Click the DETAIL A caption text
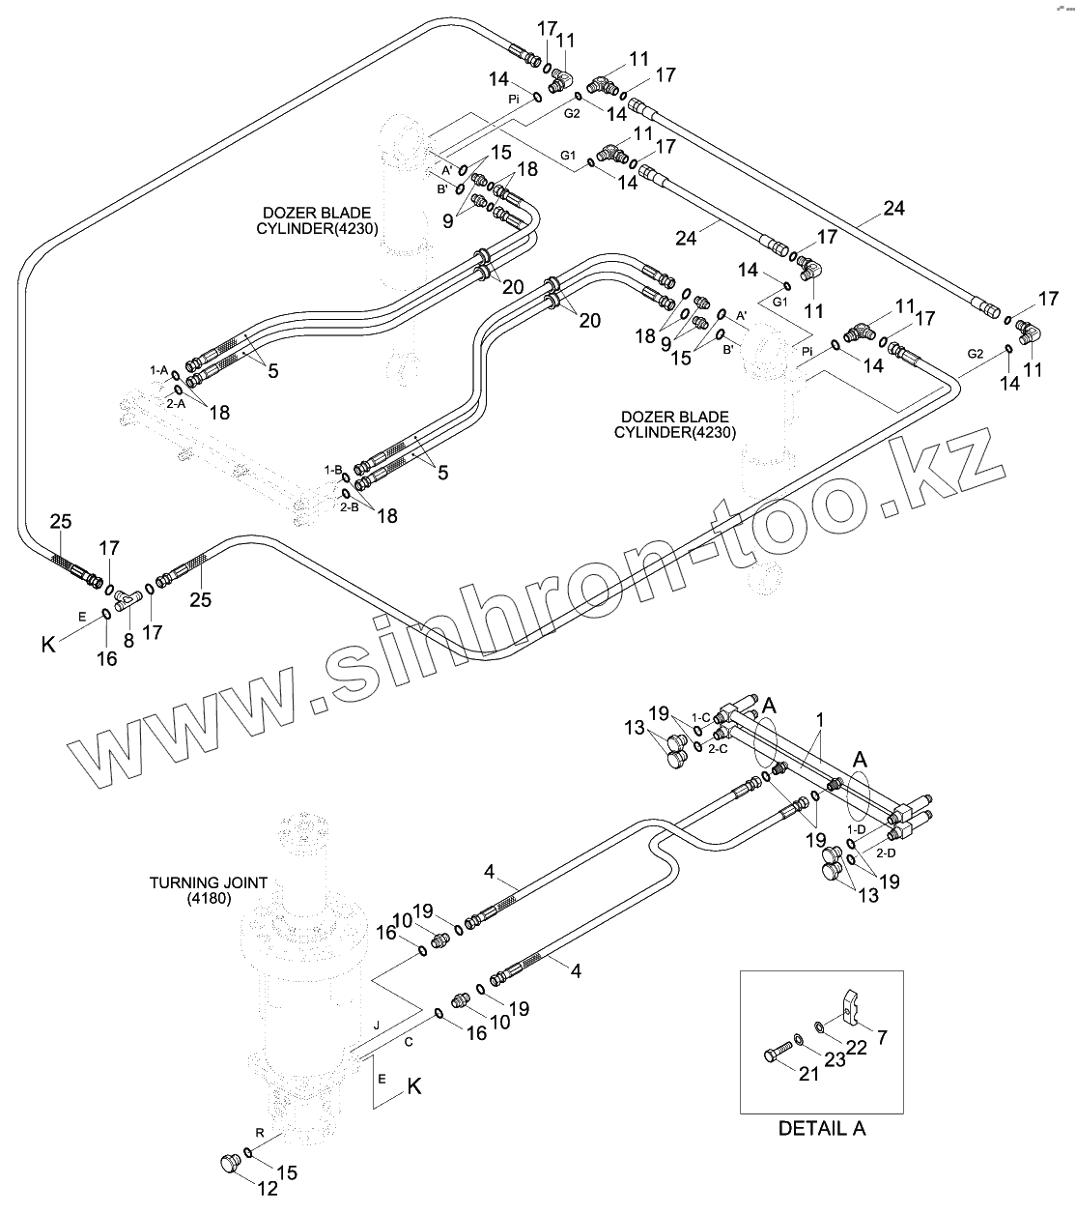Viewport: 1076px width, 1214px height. pos(822,1128)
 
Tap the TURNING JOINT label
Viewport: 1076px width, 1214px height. pos(208,882)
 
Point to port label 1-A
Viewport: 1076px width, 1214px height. pos(158,369)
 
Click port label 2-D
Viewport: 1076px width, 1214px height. pos(886,854)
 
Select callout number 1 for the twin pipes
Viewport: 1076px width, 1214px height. pos(820,719)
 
